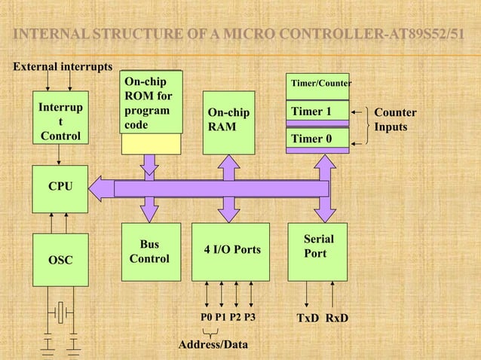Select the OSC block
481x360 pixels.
60,260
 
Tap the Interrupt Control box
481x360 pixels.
60,118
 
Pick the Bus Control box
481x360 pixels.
151,251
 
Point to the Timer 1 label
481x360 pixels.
311,112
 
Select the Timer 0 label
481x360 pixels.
311,139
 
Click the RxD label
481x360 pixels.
337,318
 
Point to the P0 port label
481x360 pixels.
207,318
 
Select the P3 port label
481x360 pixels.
250,318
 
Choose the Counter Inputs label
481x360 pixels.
395,120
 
